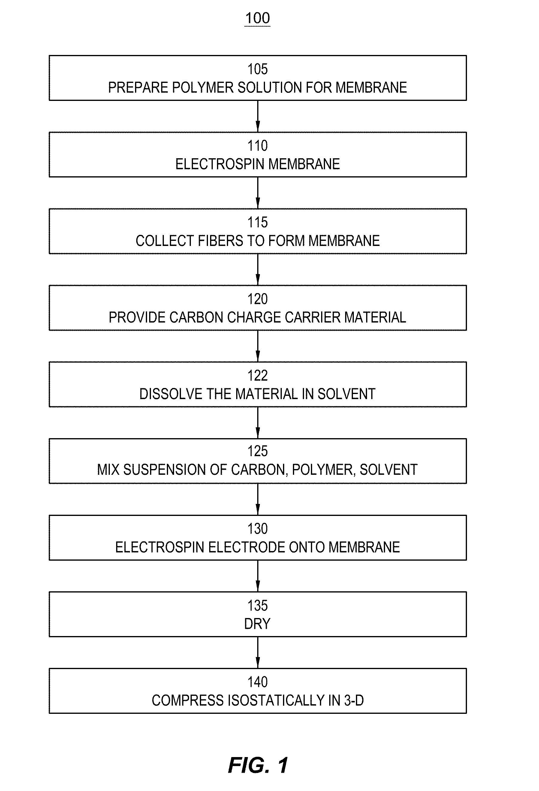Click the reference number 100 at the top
[257, 18]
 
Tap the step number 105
[257, 69]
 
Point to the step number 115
[257, 222]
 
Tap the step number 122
[257, 375]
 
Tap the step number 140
[257, 682]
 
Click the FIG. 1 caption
[258, 765]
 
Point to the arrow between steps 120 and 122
[258, 346]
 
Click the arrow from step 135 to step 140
[258, 653]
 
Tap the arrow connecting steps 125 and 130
[258, 499]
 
